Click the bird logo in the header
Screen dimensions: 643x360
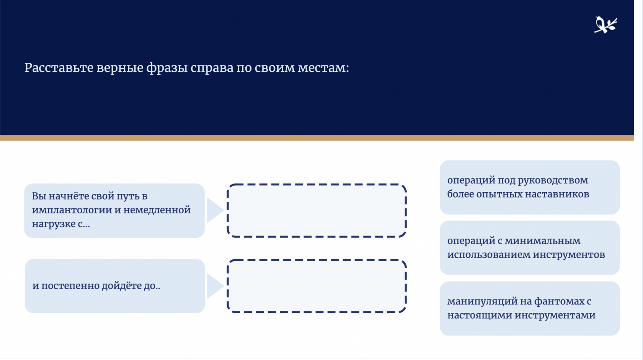coord(605,25)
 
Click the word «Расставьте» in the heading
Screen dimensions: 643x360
coord(59,68)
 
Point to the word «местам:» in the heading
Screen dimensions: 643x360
coord(323,68)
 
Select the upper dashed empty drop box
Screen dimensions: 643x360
coord(317,185)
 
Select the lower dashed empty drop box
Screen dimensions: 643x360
coord(317,260)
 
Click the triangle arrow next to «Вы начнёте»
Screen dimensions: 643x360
coord(215,210)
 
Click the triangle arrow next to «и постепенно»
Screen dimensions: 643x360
coord(215,286)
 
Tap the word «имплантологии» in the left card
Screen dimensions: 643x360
coord(72,210)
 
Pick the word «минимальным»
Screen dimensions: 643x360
coord(543,241)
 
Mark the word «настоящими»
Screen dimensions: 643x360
coord(479,316)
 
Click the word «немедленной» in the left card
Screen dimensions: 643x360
coord(157,210)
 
